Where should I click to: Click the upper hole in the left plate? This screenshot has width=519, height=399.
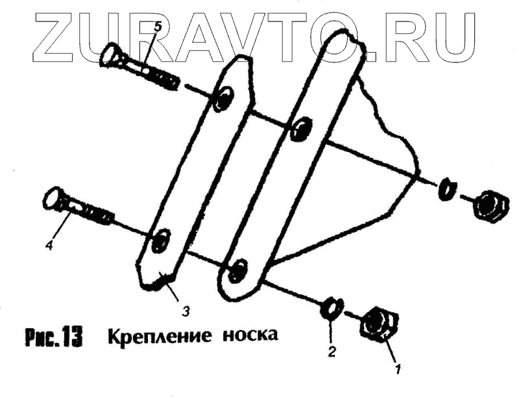[224, 98]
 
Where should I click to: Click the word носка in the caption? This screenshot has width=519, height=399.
[250, 335]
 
